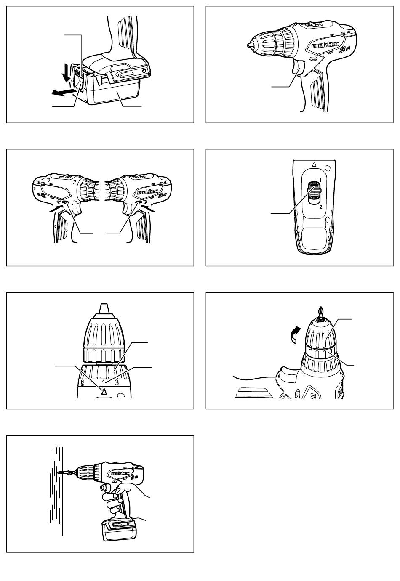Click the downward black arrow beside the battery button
click(67, 73)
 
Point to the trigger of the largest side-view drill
click(298, 68)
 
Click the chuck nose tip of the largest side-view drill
click(249, 45)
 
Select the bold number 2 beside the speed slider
click(321, 207)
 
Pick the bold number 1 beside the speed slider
click(320, 180)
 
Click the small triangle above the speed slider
click(314, 164)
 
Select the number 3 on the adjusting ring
click(117, 382)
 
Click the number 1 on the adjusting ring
click(104, 382)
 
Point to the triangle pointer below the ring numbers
click(104, 391)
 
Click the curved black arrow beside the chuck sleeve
click(296, 335)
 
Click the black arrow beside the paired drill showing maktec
click(148, 208)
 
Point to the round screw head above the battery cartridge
click(144, 71)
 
